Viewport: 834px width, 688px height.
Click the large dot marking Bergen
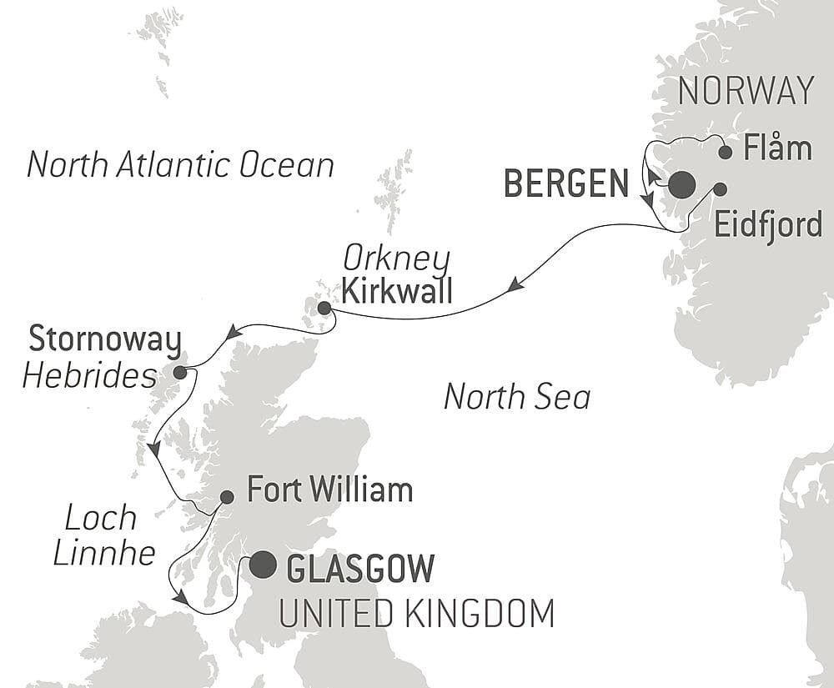tap(681, 185)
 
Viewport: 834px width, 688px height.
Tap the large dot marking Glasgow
tap(263, 565)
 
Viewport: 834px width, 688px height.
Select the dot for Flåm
tap(726, 152)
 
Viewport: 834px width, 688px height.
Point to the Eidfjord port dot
tap(719, 189)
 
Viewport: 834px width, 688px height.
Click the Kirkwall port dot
tap(324, 309)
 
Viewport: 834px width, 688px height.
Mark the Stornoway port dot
tap(179, 372)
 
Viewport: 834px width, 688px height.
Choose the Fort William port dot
tap(226, 497)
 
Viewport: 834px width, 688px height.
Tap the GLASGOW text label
tap(360, 569)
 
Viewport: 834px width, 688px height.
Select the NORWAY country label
tap(746, 90)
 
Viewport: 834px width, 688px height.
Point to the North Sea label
tap(517, 396)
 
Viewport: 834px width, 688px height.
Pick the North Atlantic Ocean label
tap(180, 164)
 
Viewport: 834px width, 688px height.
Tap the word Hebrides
tap(89, 377)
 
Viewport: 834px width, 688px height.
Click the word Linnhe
tap(104, 553)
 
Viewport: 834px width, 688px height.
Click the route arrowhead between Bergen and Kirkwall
tap(515, 287)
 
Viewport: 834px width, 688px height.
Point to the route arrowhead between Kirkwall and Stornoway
tap(234, 333)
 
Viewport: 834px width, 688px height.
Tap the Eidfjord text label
tap(768, 226)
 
